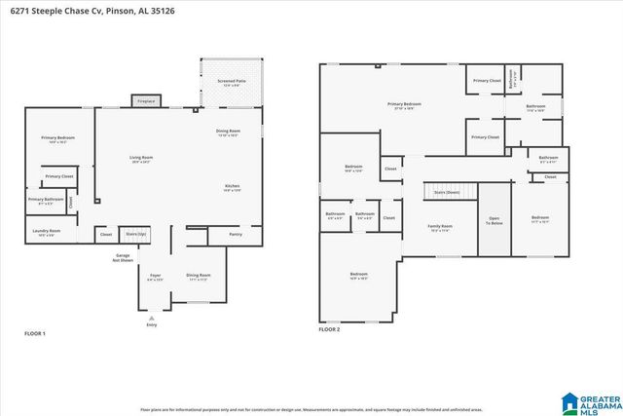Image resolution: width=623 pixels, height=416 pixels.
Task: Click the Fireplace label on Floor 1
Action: [x=146, y=100]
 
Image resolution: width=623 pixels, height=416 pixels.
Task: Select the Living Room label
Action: [x=142, y=158]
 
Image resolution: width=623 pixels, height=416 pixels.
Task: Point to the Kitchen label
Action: [x=234, y=187]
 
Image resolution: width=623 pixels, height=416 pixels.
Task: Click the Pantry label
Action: [x=236, y=234]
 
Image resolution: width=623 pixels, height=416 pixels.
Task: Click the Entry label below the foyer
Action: [x=151, y=324]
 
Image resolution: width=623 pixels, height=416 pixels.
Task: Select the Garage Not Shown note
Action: [x=124, y=257]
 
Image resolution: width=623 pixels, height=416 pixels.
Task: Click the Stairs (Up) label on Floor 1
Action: [x=135, y=234]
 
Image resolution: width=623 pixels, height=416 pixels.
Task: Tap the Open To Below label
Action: [x=495, y=220]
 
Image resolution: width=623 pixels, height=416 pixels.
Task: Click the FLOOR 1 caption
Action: [x=35, y=334]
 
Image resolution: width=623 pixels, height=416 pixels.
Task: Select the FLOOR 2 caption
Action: [x=329, y=330]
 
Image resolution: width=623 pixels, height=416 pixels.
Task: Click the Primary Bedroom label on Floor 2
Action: [x=404, y=105]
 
